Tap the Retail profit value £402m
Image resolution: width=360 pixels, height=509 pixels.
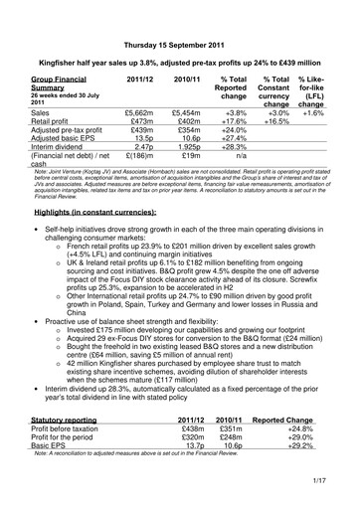[x=186, y=124]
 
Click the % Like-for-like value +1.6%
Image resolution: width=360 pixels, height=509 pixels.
[x=315, y=114]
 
